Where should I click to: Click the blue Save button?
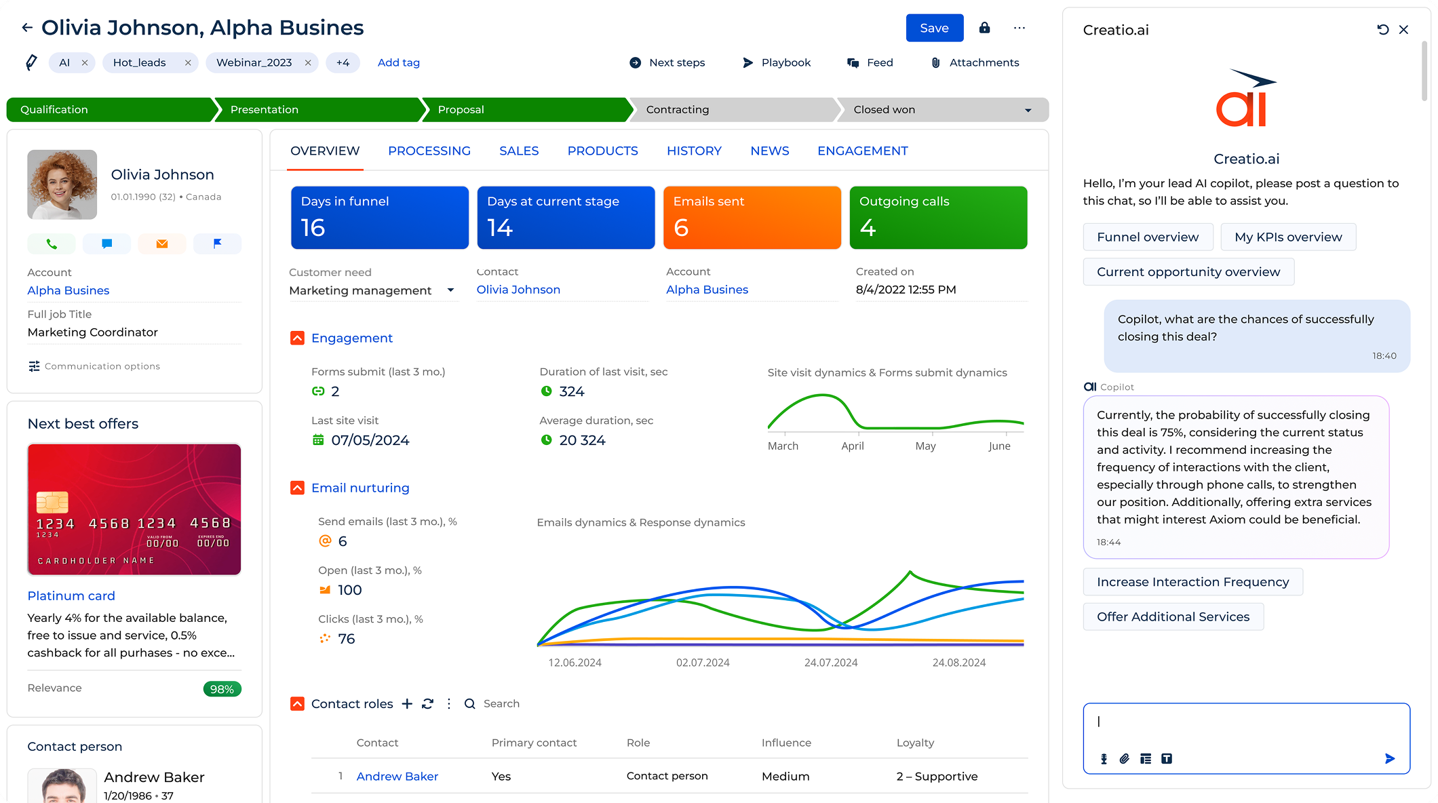coord(934,28)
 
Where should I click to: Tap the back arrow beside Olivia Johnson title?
coord(27,28)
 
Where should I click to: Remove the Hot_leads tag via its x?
coord(188,62)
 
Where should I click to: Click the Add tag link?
coord(398,62)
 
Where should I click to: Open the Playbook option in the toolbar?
coord(777,62)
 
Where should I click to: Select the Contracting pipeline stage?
coord(733,109)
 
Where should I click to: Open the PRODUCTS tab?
coord(602,151)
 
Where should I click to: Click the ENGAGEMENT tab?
coord(862,151)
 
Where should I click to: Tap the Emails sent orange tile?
coord(752,217)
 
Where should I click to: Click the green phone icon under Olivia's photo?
coord(52,243)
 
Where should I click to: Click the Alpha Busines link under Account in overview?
coord(707,290)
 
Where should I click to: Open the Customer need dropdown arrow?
coord(450,290)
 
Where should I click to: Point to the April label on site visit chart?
coord(852,446)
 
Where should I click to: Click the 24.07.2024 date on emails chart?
coord(830,663)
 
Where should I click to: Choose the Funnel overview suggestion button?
coord(1147,237)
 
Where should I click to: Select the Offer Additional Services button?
coord(1173,616)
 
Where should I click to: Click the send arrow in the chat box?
coord(1389,758)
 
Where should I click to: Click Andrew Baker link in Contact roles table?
coord(397,776)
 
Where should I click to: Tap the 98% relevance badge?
coord(222,689)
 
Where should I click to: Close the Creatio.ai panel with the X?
coord(1403,30)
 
